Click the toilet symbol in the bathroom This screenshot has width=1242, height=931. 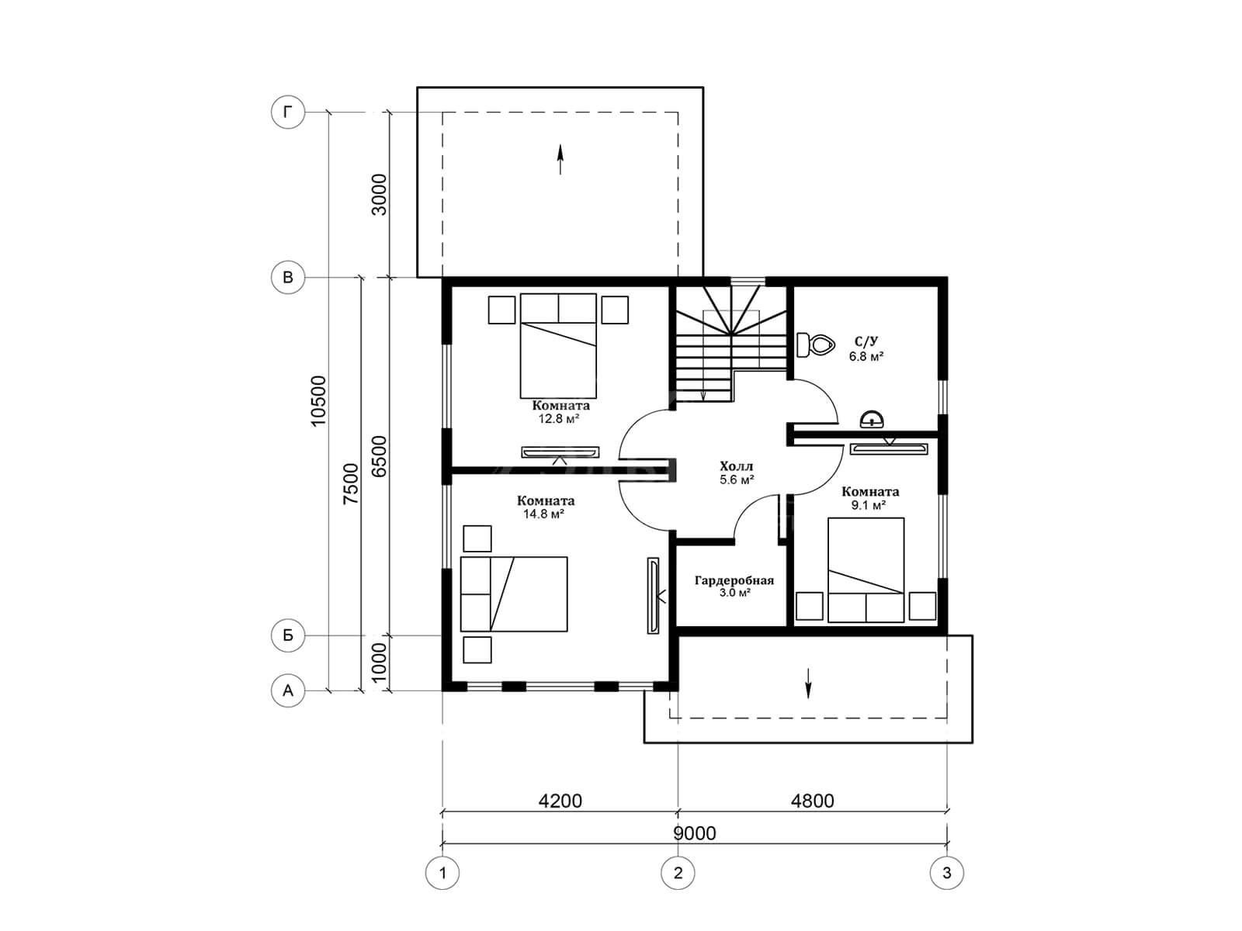coord(815,344)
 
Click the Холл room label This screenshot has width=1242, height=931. coord(736,466)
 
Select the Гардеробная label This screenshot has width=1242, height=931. coord(734,580)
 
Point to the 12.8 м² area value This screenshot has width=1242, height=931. coord(559,419)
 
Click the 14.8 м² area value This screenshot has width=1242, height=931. coord(544,514)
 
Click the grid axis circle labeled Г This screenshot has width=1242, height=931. coord(288,112)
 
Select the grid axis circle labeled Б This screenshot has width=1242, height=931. coord(288,635)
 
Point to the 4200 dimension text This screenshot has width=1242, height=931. coord(560,801)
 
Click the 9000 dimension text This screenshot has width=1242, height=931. coord(694,833)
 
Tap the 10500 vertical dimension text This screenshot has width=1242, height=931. coord(318,400)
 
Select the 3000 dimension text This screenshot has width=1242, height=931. coord(379,195)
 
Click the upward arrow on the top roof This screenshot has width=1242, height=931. coord(560,159)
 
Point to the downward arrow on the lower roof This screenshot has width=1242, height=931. coord(808,683)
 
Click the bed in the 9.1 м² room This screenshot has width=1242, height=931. coord(866,569)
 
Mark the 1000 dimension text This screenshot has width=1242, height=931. coord(379,663)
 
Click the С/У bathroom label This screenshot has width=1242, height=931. coord(866,341)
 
